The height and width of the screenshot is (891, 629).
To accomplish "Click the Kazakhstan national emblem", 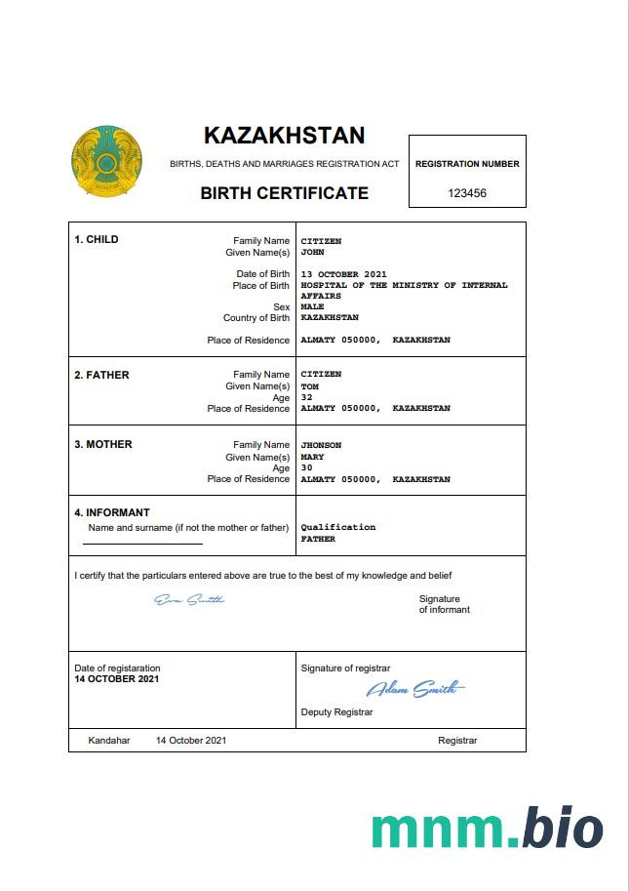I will click(x=106, y=159).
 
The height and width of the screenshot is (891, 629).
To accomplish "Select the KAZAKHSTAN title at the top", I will click(x=284, y=136).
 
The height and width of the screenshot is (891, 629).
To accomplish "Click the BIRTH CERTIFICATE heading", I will click(x=284, y=193).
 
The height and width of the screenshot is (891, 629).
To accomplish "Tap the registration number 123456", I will click(x=467, y=193).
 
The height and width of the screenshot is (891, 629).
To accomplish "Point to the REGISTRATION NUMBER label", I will click(x=467, y=164).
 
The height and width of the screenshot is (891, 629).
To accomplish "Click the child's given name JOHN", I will click(x=312, y=252).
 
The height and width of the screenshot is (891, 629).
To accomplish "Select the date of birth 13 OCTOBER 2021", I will click(x=344, y=274).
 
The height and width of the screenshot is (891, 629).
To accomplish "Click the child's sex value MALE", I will click(x=312, y=306).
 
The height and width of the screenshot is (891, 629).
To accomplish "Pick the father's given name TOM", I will click(x=309, y=386).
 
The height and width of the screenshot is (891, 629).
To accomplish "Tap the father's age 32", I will click(x=306, y=397).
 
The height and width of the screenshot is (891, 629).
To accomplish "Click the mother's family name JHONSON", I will click(x=321, y=445).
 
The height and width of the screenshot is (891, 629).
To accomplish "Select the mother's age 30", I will click(x=306, y=467).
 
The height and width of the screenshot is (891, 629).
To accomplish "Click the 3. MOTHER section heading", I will click(x=103, y=445).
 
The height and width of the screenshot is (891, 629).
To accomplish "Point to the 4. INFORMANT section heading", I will click(x=112, y=512).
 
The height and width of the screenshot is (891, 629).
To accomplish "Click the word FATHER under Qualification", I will click(x=318, y=539).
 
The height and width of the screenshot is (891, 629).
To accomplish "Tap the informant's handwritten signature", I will click(x=189, y=599).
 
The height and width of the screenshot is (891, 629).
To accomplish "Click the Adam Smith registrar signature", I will click(x=415, y=690).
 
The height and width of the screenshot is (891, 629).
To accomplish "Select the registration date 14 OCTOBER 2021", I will click(x=117, y=678).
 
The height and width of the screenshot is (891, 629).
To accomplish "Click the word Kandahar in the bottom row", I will click(x=109, y=741).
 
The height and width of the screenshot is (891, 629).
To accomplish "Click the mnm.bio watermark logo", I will click(x=487, y=829).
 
